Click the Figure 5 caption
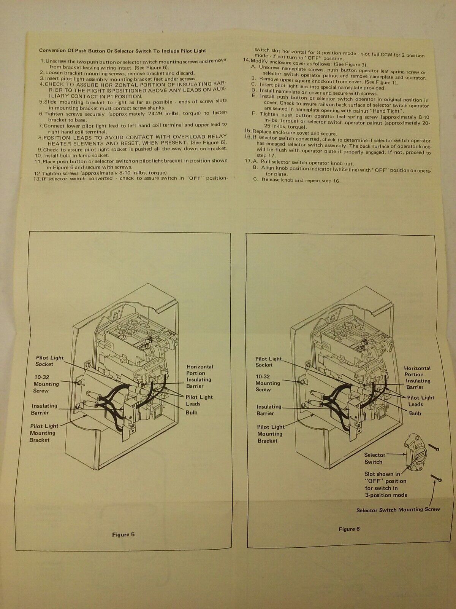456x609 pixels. click(x=123, y=534)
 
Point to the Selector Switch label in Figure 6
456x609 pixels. click(x=375, y=458)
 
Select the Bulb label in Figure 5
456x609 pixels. click(x=192, y=413)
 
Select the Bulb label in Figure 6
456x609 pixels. click(x=415, y=413)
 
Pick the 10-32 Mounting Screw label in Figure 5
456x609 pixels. click(x=46, y=384)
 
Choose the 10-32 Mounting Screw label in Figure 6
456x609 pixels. click(x=268, y=383)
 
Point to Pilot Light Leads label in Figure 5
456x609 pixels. click(x=198, y=400)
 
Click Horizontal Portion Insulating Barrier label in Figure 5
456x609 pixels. click(x=199, y=376)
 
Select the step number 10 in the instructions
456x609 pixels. click(x=38, y=155)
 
